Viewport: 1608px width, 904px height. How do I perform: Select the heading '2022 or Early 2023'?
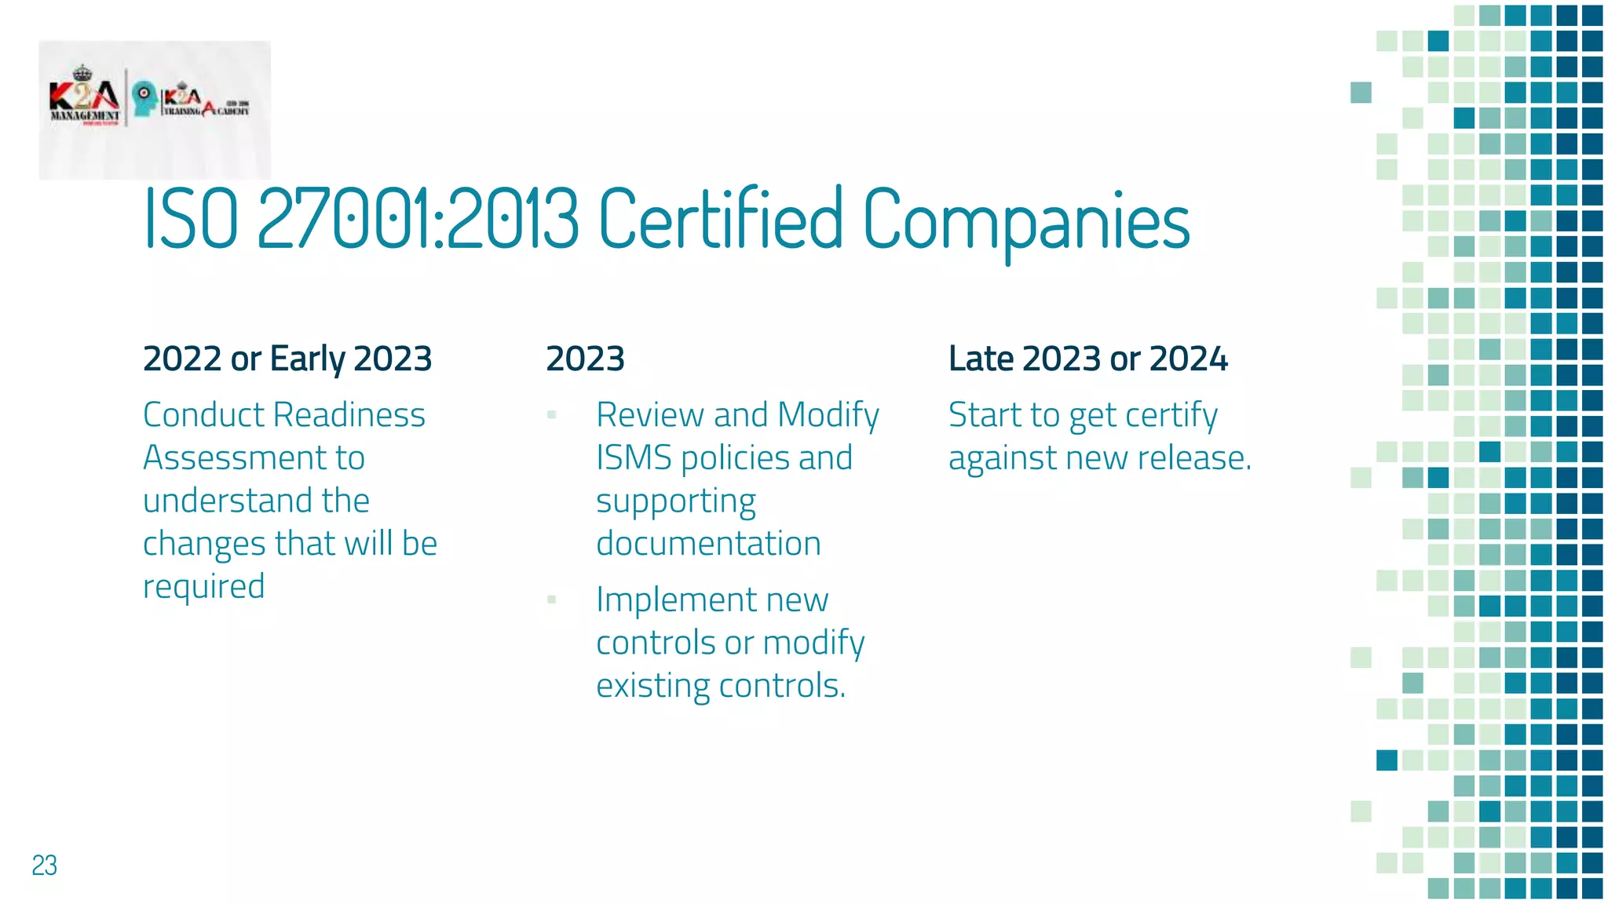[x=287, y=359]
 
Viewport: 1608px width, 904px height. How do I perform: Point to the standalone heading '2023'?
[x=585, y=359]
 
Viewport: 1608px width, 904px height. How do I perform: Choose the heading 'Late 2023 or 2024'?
[x=1087, y=359]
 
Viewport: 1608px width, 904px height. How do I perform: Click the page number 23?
[x=45, y=865]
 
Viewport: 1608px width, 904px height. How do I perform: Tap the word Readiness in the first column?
[x=350, y=414]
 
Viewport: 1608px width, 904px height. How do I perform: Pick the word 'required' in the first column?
[x=204, y=587]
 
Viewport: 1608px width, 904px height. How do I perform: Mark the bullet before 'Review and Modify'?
[x=552, y=414]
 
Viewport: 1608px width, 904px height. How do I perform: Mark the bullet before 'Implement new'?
[x=552, y=600]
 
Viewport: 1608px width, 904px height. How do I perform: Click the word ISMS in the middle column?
[x=634, y=457]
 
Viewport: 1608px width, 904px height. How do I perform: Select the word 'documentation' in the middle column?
[x=708, y=543]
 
